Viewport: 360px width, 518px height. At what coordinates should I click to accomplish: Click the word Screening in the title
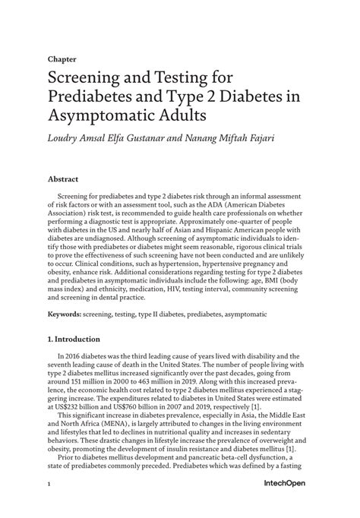90,78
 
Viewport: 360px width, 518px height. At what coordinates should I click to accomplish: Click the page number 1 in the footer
49,484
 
